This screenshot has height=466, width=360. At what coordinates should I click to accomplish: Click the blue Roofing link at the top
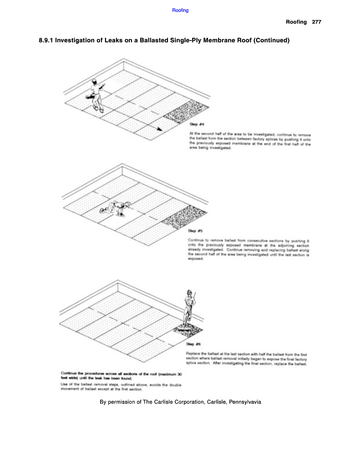point(180,10)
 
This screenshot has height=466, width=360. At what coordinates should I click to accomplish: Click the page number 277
point(317,22)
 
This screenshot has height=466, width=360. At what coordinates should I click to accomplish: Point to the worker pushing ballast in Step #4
point(96,95)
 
